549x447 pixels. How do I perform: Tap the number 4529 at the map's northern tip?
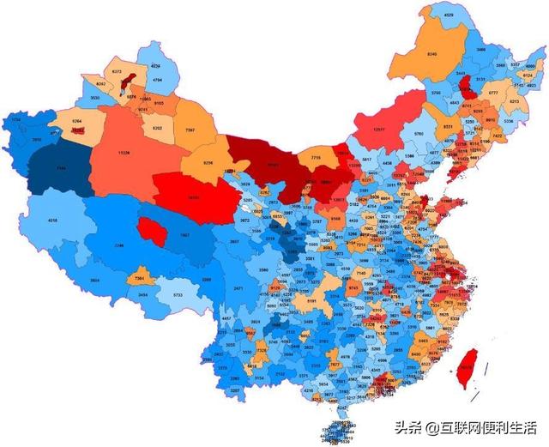(x=448, y=15)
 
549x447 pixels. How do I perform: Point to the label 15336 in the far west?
(x=124, y=154)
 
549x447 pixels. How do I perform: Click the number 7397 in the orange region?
(x=190, y=130)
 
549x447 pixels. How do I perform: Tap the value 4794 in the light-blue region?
(x=157, y=80)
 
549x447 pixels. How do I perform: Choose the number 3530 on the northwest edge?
(x=94, y=99)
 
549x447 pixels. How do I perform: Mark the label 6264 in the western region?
(x=76, y=122)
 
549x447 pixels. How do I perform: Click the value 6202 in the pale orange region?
(x=156, y=128)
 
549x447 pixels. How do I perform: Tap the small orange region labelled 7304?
(x=140, y=278)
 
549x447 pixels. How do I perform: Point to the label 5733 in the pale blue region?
(x=177, y=294)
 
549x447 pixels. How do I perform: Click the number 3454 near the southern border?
(x=143, y=294)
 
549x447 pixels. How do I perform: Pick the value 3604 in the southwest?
(x=94, y=279)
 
